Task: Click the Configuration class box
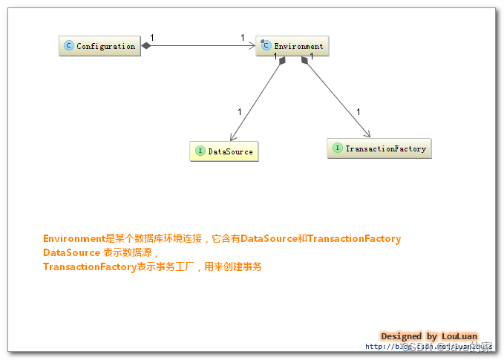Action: (99, 46)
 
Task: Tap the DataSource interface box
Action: (223, 151)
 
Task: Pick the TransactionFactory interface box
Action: (379, 148)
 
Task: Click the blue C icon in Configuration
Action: (69, 46)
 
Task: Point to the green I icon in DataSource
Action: (200, 151)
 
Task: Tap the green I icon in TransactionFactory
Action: (337, 148)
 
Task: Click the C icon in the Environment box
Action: (264, 46)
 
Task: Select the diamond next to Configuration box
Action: (146, 46)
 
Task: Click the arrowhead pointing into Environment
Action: (252, 46)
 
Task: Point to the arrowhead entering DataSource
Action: (233, 137)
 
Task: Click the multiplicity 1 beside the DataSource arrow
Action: (239, 112)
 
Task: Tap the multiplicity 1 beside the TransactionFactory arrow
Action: (358, 112)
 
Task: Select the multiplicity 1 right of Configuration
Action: (152, 38)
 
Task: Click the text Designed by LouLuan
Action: (428, 336)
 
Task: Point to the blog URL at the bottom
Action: (428, 347)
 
